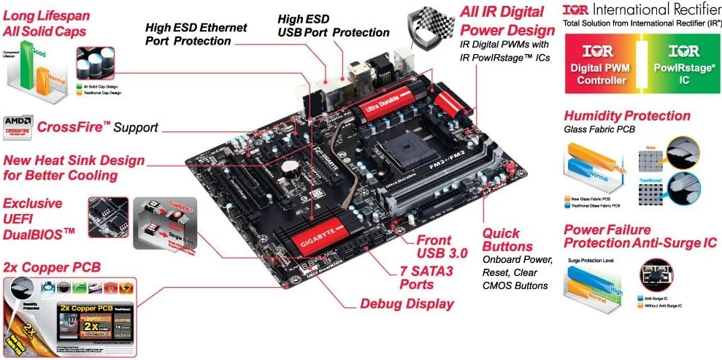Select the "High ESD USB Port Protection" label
pyautogui.click(x=334, y=26)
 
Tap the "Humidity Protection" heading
pyautogui.click(x=626, y=116)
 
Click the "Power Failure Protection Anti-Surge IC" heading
pyautogui.click(x=640, y=236)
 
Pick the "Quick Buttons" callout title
pyautogui.click(x=508, y=240)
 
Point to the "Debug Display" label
pyautogui.click(x=407, y=304)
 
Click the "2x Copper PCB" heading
pyautogui.click(x=52, y=267)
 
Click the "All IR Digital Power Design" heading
pyautogui.click(x=507, y=21)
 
